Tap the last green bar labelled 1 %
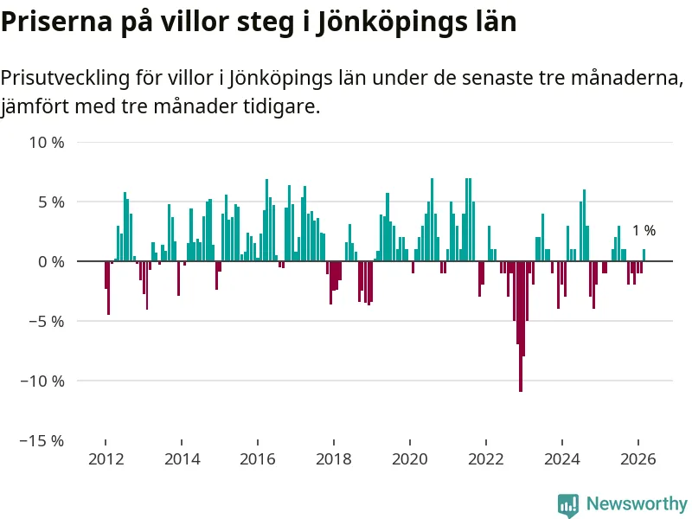[x=644, y=255]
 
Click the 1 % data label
[x=644, y=231]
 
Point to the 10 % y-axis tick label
[x=47, y=142]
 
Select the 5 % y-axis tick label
[x=50, y=202]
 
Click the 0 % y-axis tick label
[x=50, y=261]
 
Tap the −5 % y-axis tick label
[x=47, y=321]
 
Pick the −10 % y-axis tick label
[x=43, y=381]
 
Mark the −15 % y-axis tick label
[x=43, y=440]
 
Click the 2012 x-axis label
[x=105, y=459]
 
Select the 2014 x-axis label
[x=181, y=459]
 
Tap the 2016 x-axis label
[x=257, y=459]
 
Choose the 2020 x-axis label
[x=410, y=459]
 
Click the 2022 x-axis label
[x=486, y=459]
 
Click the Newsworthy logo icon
[x=568, y=504]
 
